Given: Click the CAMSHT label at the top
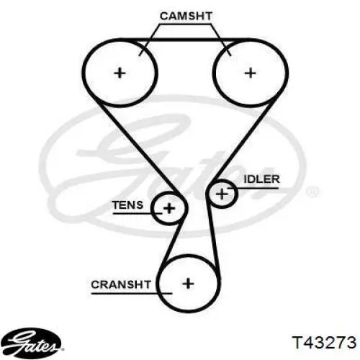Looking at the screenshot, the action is [x=186, y=17].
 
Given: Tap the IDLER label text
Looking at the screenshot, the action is [x=262, y=179].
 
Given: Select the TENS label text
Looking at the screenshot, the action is [x=127, y=205].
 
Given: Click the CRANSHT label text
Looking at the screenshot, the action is [x=121, y=284].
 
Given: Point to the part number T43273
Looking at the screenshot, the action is [x=324, y=342].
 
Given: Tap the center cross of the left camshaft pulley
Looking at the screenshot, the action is [x=120, y=73].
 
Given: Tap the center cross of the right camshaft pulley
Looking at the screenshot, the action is [x=251, y=73].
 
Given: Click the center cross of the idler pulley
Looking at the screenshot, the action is [x=222, y=194].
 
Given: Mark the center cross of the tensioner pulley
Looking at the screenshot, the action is [x=169, y=208].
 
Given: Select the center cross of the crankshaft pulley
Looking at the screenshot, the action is [x=188, y=284].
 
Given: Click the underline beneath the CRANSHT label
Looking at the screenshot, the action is [x=132, y=293].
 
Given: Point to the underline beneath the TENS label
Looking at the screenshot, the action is [x=138, y=213].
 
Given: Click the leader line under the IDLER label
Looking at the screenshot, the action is [x=253, y=188].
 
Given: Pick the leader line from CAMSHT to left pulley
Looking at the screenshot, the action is [x=149, y=40].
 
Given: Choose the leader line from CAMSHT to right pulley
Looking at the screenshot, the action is [x=221, y=40].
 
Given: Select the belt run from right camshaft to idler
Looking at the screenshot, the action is [x=243, y=142].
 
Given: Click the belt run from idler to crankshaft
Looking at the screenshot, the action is [x=212, y=236].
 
